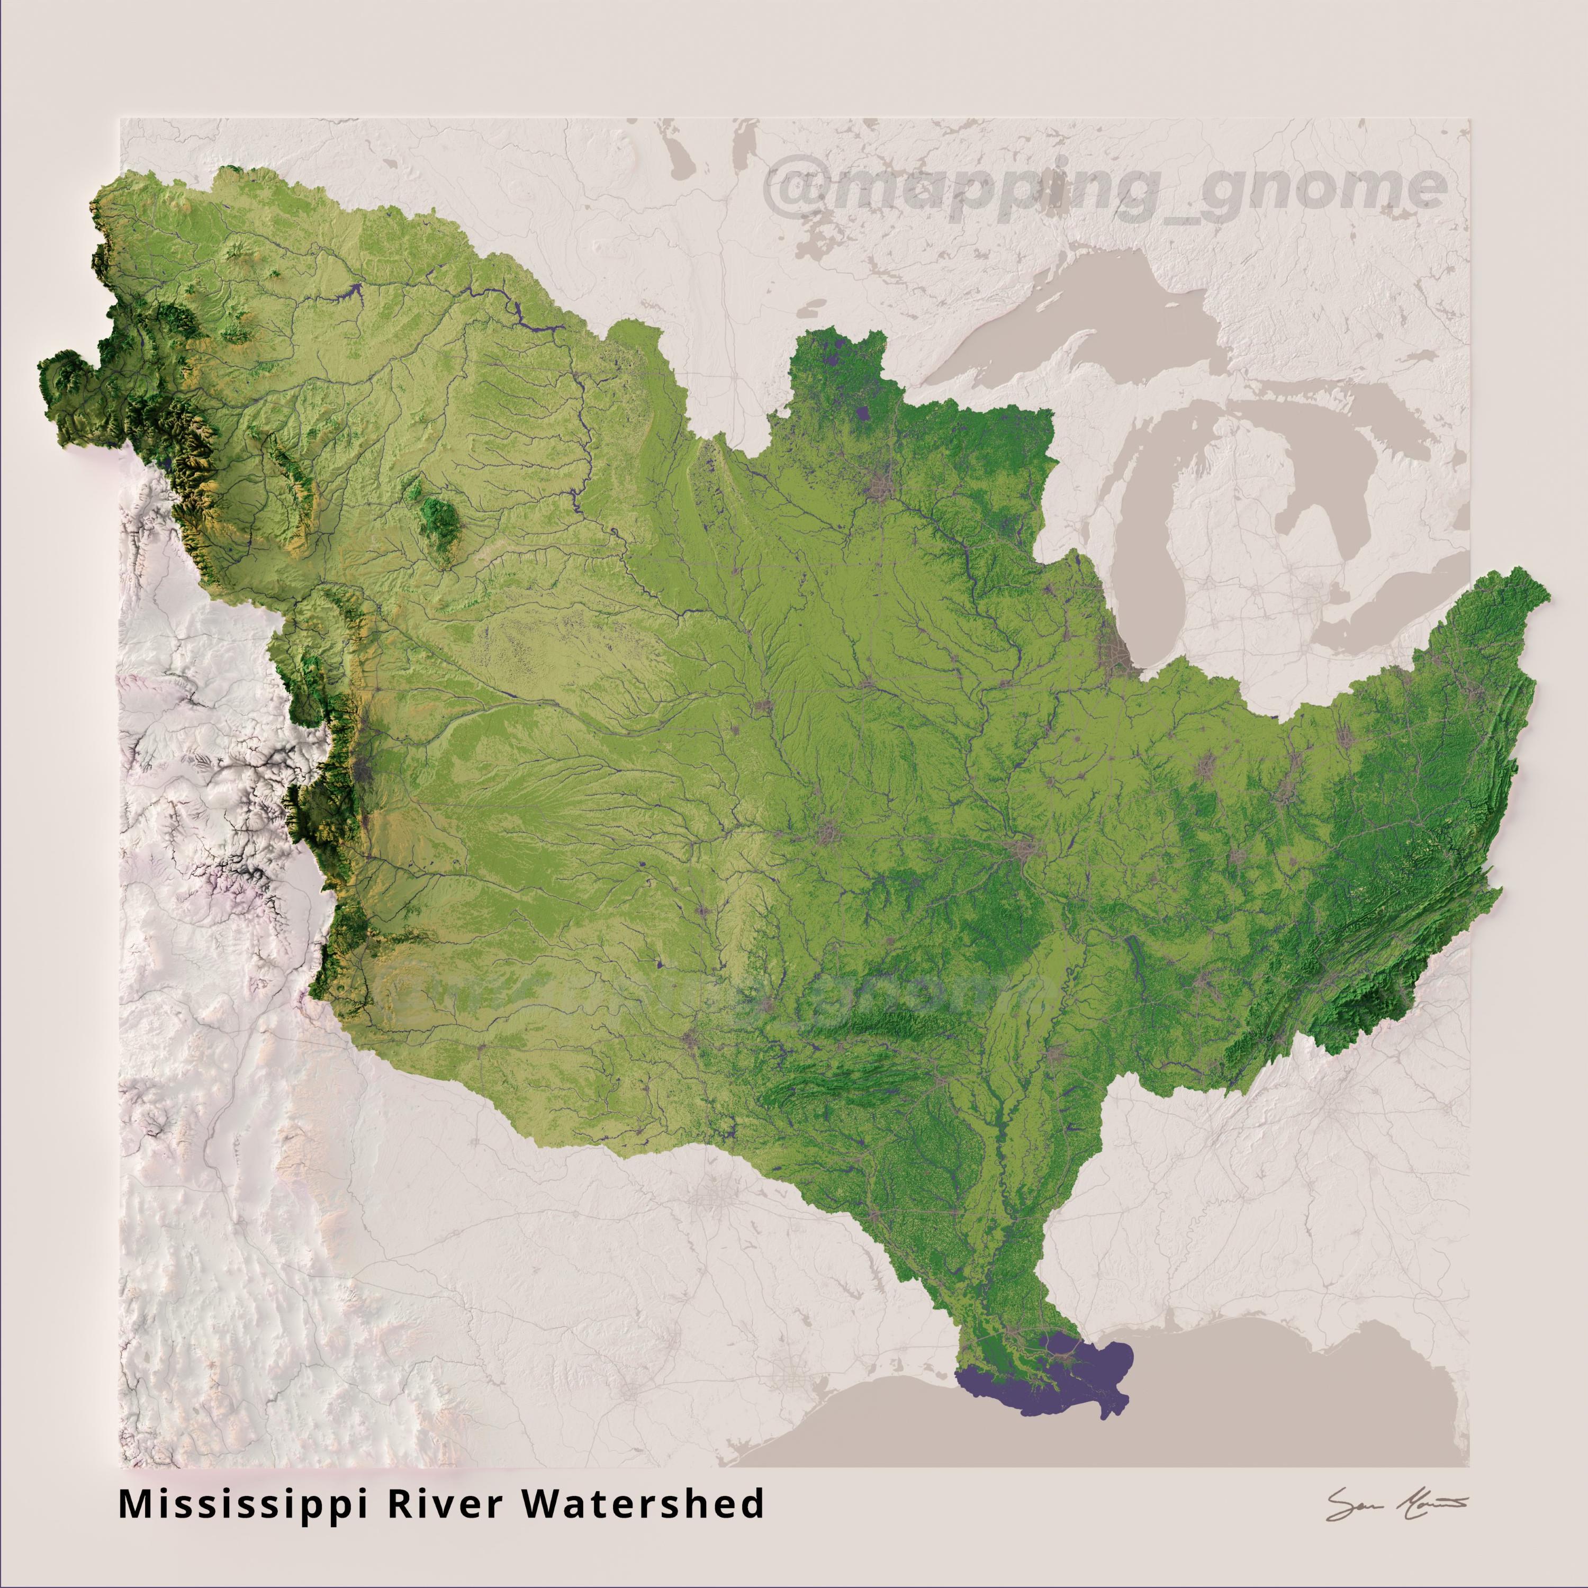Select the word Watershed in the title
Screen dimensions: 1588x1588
pyautogui.click(x=643, y=1504)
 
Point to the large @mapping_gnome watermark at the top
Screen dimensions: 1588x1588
pyautogui.click(x=1106, y=191)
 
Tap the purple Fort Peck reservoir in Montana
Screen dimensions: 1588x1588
pyautogui.click(x=352, y=290)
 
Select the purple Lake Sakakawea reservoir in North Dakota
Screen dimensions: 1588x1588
pyautogui.click(x=518, y=312)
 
